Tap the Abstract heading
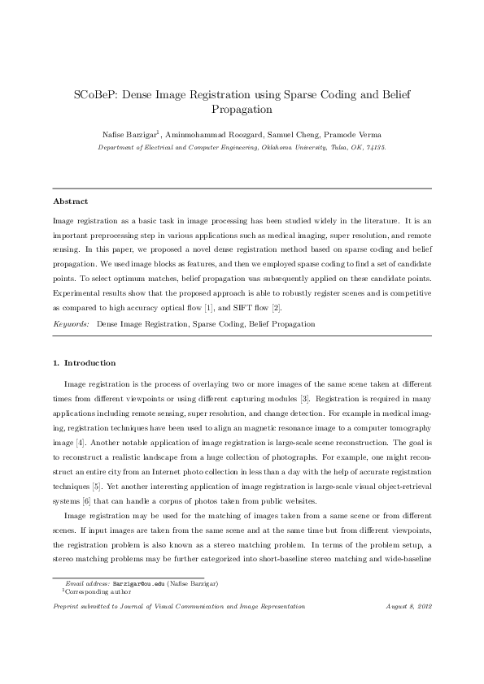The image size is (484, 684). [x=70, y=201]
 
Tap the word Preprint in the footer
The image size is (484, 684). [x=68, y=606]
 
